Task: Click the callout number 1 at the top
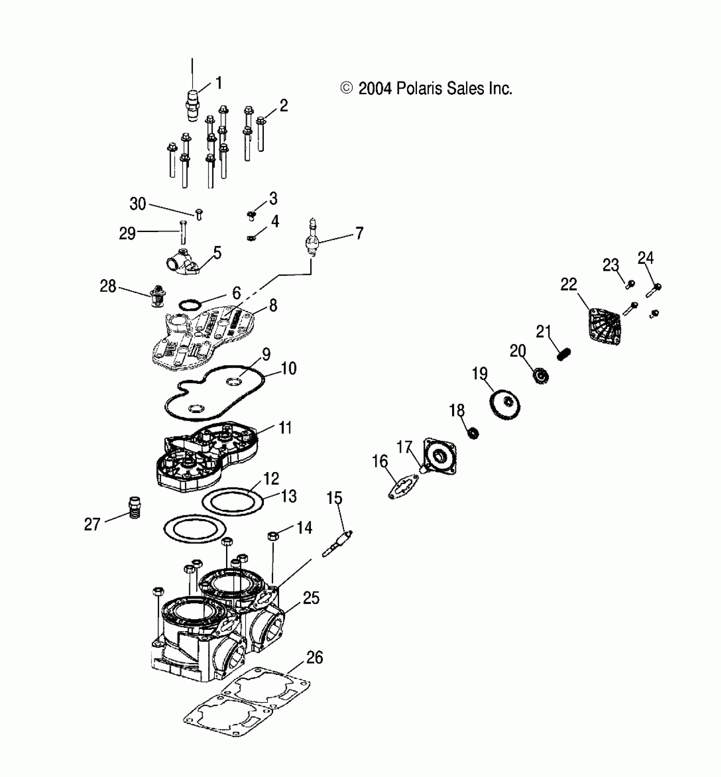click(219, 83)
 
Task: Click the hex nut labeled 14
click(273, 536)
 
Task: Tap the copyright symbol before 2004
click(347, 88)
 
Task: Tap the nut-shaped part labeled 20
click(540, 375)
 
